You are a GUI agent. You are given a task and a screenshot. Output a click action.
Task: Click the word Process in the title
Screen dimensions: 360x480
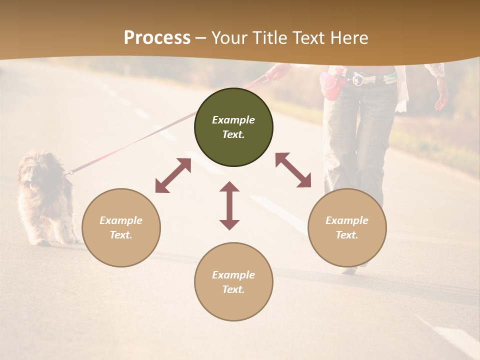click(157, 38)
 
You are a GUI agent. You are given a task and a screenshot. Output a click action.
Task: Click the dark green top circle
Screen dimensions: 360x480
click(233, 127)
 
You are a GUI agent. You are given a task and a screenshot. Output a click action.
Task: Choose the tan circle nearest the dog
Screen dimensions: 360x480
click(121, 227)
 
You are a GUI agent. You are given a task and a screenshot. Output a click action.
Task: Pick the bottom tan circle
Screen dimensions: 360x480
click(233, 282)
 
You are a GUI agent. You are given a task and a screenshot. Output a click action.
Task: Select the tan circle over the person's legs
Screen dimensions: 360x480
click(347, 227)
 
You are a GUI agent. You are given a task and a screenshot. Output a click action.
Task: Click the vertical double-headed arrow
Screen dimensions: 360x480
click(229, 205)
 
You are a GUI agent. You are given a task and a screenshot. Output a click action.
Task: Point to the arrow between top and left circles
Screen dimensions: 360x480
click(173, 175)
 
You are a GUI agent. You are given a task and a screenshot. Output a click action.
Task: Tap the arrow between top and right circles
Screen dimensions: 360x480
click(293, 170)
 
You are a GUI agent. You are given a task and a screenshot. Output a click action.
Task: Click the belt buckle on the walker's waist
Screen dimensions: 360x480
click(358, 79)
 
